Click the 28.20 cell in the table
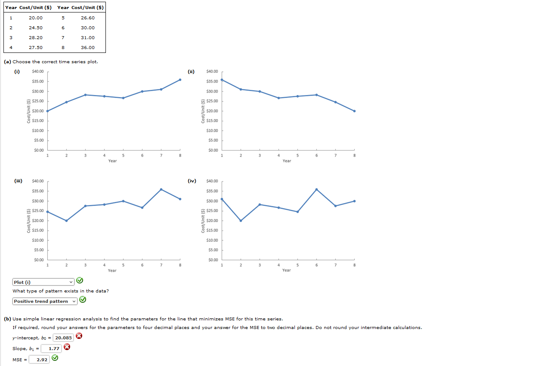pos(36,37)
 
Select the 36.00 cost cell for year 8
pos(87,47)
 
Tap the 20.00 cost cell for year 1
pos(36,18)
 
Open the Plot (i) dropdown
pos(44,282)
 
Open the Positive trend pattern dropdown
pos(45,301)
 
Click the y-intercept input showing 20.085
pos(63,338)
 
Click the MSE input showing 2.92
pos(39,360)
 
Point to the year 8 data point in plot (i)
pos(180,80)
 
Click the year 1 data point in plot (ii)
pos(222,80)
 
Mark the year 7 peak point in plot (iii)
pos(161,189)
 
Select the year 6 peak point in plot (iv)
pos(316,189)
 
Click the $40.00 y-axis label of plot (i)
pos(38,71)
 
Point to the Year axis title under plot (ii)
pos(287,161)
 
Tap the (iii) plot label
pos(18,181)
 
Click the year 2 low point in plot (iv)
pos(241,221)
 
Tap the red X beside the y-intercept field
pos(79,336)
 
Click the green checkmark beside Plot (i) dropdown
pos(80,281)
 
